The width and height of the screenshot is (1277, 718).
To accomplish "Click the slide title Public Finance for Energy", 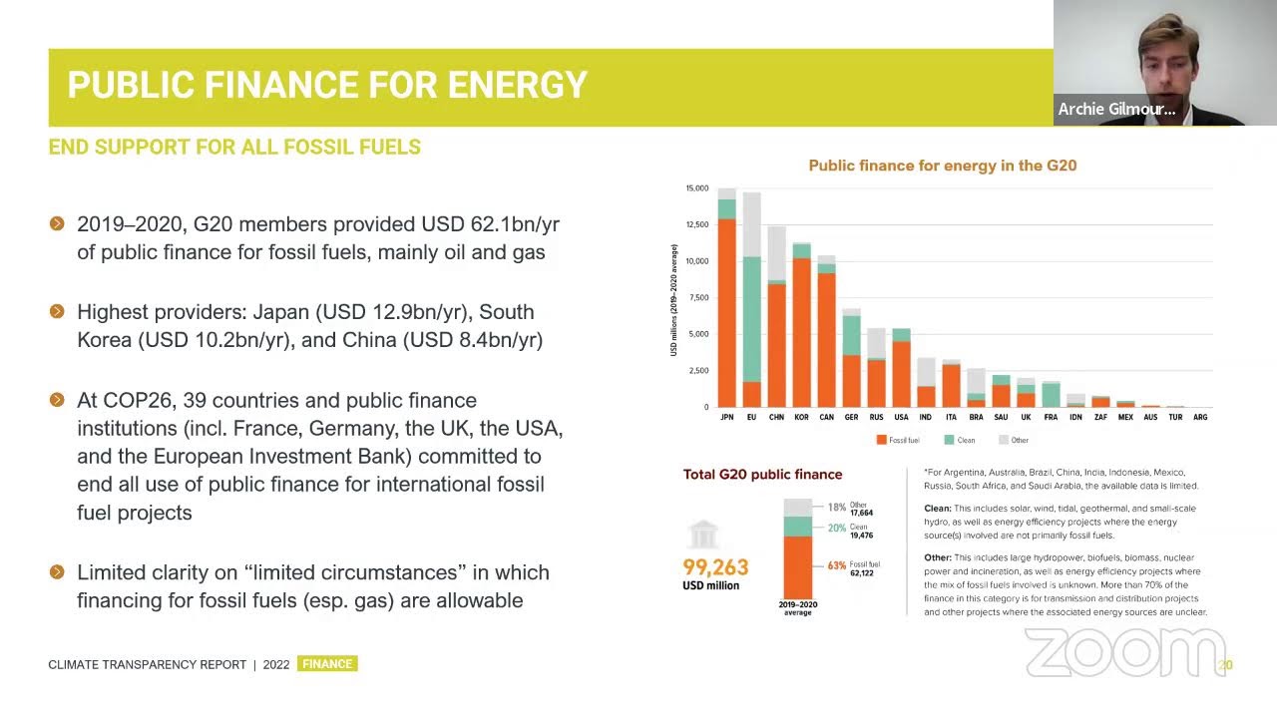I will (327, 86).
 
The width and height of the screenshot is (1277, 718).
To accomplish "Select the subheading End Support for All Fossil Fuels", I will (234, 148).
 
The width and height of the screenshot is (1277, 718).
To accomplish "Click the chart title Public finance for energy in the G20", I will (942, 166).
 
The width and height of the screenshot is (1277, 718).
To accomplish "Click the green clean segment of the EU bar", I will (751, 319).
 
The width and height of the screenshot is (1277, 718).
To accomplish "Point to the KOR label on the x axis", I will (800, 417).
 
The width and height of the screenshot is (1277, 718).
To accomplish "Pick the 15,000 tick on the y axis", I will (696, 188).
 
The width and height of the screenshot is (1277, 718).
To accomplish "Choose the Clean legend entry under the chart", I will (960, 440).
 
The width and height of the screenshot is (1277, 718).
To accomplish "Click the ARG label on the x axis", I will (1200, 417).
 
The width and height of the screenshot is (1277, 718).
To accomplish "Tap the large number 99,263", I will (715, 567).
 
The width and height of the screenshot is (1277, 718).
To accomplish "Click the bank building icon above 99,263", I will (703, 535).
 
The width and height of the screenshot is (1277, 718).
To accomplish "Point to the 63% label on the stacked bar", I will (836, 565).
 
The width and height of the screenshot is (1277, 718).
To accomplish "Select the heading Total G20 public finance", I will (762, 475).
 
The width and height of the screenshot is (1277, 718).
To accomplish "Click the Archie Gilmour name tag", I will (1116, 110).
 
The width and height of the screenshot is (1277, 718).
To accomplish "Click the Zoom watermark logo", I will (1124, 653).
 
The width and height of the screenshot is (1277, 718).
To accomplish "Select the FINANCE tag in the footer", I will (327, 664).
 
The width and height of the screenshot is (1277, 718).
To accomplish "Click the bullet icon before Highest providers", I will (57, 312).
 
